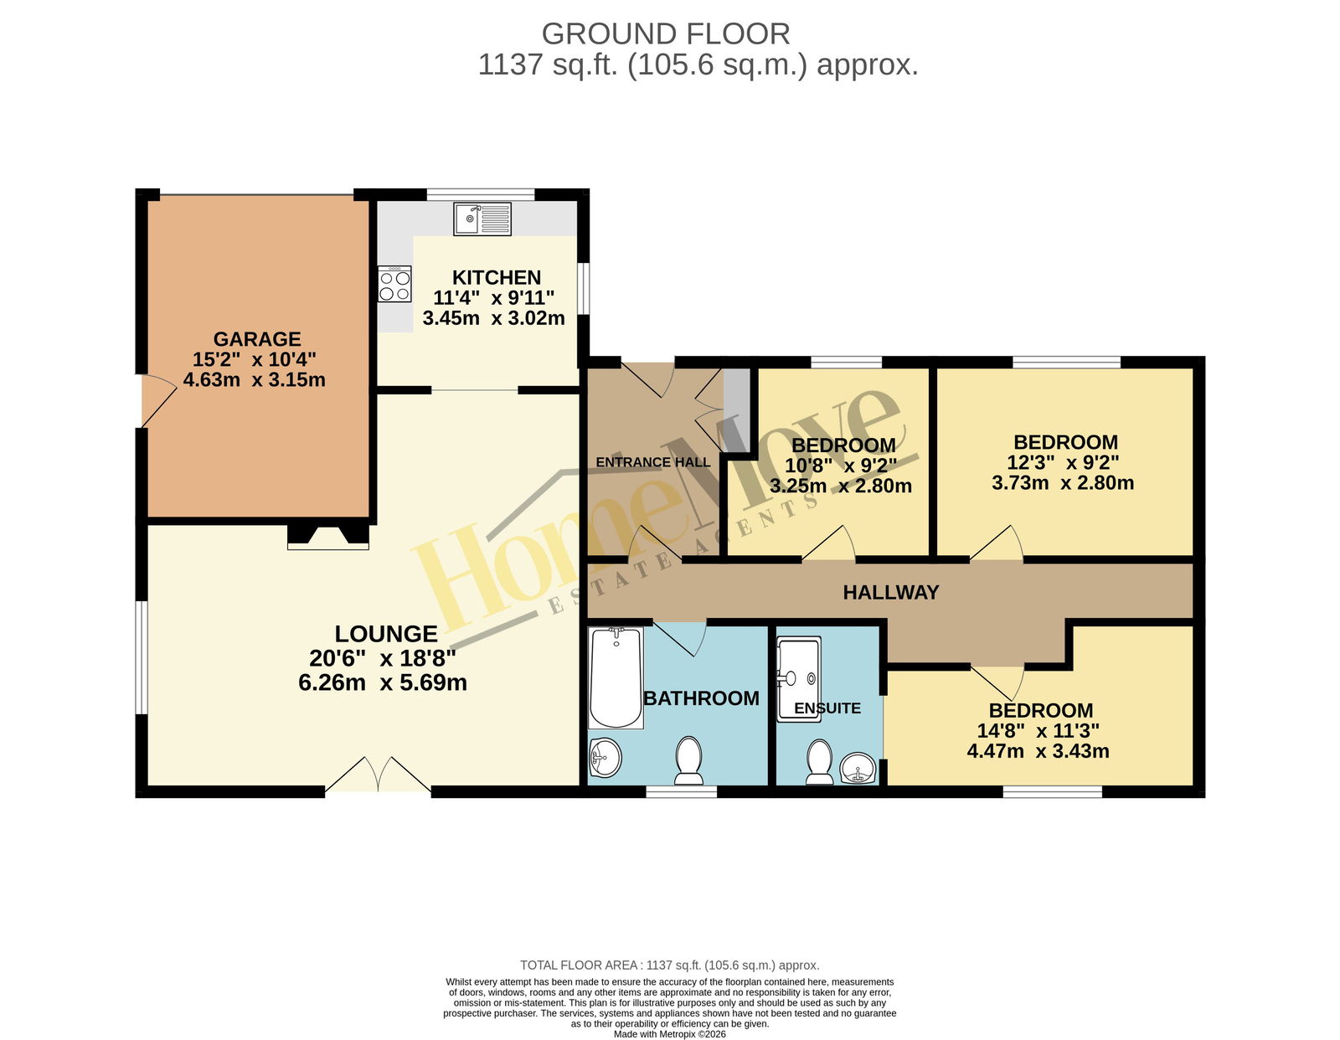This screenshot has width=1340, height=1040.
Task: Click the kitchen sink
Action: click(482, 219)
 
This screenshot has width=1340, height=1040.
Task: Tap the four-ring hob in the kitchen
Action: click(394, 284)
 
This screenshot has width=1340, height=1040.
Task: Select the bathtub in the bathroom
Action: click(616, 678)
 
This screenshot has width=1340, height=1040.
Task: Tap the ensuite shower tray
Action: click(799, 679)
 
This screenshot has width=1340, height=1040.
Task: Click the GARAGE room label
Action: click(257, 339)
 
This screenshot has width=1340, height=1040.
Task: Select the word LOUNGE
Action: click(386, 634)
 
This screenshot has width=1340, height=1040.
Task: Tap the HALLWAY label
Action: click(891, 593)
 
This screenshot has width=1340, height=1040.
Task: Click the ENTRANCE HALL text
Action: click(653, 461)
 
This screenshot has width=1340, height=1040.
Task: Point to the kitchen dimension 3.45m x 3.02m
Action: click(493, 318)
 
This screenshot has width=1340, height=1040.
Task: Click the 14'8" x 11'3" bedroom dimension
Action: click(1038, 731)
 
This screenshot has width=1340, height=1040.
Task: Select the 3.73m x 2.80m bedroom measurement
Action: click(1063, 482)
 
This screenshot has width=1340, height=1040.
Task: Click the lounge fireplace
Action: click(328, 537)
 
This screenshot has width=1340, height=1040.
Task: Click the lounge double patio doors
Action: click(378, 775)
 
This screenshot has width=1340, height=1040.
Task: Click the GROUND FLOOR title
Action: click(666, 33)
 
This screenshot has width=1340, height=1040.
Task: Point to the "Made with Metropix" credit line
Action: click(670, 1034)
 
